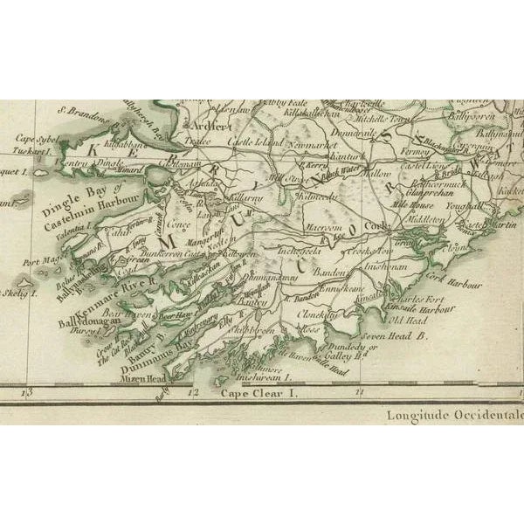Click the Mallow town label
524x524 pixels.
click(377, 174)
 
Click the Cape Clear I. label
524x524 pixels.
click(259, 395)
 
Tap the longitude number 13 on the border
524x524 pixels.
click(28, 394)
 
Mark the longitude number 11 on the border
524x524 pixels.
click(359, 394)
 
